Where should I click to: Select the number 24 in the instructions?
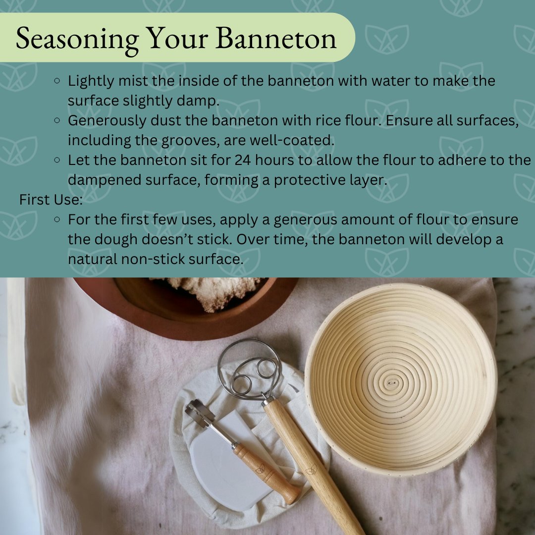[x=243, y=160]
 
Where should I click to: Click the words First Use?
[x=51, y=200]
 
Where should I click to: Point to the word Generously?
[x=107, y=121]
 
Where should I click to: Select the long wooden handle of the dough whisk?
[x=311, y=464]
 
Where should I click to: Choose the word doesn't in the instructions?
[x=168, y=239]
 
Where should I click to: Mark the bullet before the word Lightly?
[x=57, y=81]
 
